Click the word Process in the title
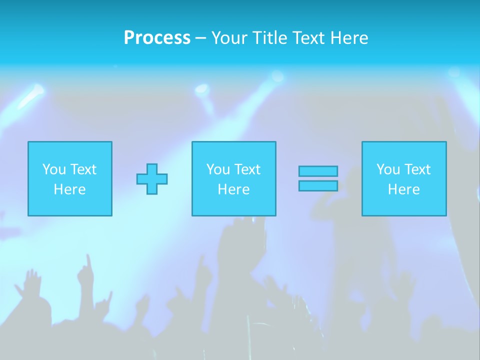click(157, 38)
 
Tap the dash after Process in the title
click(200, 38)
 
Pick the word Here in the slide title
click(348, 38)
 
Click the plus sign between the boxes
click(152, 179)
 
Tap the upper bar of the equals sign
click(318, 171)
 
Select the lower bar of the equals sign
click(318, 185)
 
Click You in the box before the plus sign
click(53, 169)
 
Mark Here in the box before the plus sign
click(69, 189)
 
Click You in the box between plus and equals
click(218, 169)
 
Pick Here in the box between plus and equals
click(233, 189)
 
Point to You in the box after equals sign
click(388, 169)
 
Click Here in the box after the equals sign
click(403, 189)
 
